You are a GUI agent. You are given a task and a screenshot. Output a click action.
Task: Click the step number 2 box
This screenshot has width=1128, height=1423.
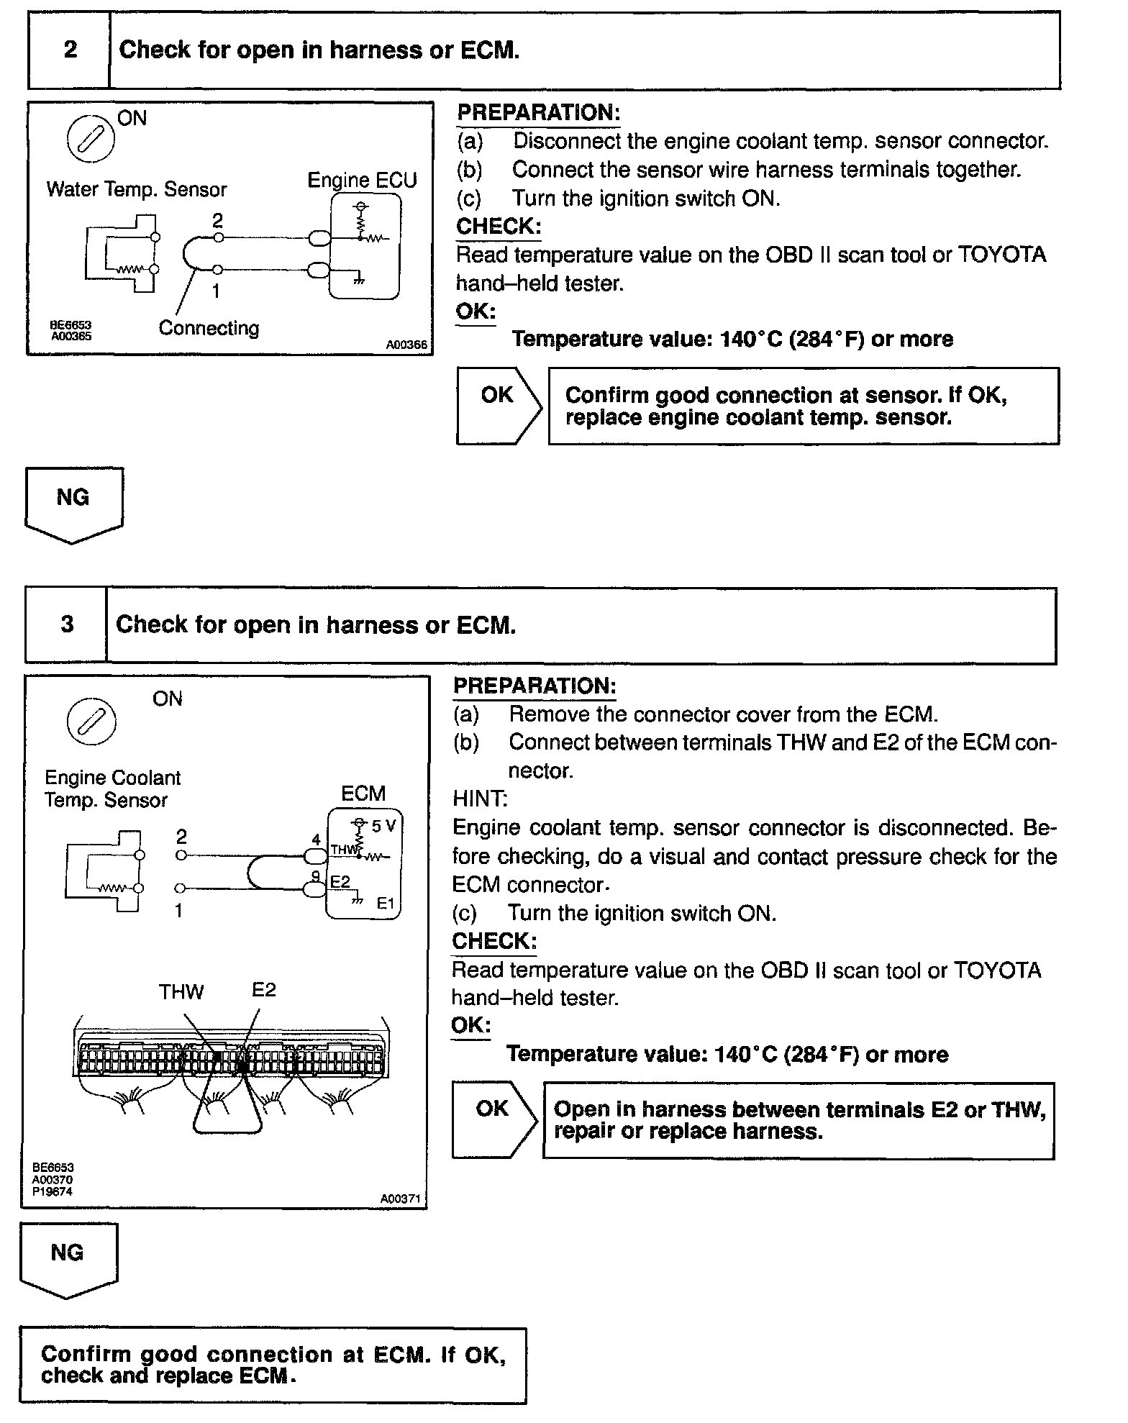point(70,50)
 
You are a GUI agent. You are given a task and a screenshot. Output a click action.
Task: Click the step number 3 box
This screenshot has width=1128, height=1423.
point(67,624)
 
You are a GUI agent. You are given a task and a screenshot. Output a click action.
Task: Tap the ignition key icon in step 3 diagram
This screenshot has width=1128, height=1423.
point(91,721)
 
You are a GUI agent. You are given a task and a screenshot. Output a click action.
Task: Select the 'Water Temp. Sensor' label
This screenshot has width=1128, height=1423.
point(136,189)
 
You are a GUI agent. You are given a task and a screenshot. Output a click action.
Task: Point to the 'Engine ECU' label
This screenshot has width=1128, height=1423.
point(362,180)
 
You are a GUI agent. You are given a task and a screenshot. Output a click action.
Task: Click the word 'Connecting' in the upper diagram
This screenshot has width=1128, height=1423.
point(209,328)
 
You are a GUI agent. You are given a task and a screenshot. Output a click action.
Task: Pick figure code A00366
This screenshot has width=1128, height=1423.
point(406,345)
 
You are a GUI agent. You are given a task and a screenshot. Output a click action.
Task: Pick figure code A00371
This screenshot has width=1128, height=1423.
point(401,1199)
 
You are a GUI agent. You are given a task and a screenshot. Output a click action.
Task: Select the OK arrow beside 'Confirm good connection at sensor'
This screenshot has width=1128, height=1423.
point(498,405)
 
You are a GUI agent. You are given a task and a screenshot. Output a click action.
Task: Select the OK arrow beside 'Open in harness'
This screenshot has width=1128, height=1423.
point(493,1119)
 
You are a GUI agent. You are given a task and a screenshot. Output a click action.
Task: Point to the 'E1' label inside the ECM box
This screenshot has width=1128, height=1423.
point(386,904)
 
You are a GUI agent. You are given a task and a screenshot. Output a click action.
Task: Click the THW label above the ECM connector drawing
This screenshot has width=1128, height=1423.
point(181,992)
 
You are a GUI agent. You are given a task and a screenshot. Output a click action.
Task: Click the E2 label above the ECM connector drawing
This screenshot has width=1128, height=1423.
point(263,990)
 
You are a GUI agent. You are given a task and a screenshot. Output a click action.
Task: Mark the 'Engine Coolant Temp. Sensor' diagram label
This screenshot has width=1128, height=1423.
point(112,788)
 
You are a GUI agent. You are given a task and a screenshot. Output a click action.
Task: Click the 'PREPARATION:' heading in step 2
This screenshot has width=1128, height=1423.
point(538,113)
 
